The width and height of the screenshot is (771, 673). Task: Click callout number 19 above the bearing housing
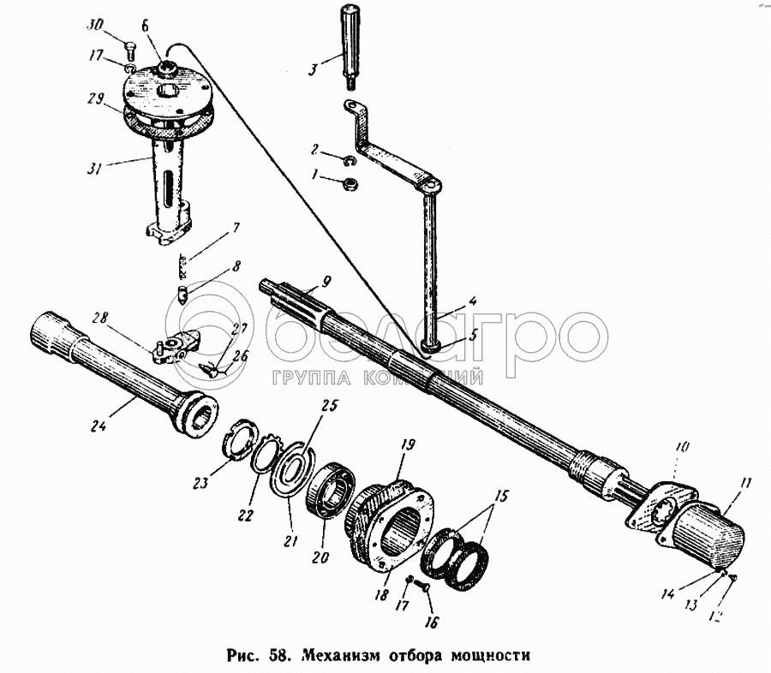(x=409, y=444)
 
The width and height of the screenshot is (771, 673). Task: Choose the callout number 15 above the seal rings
(x=501, y=495)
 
